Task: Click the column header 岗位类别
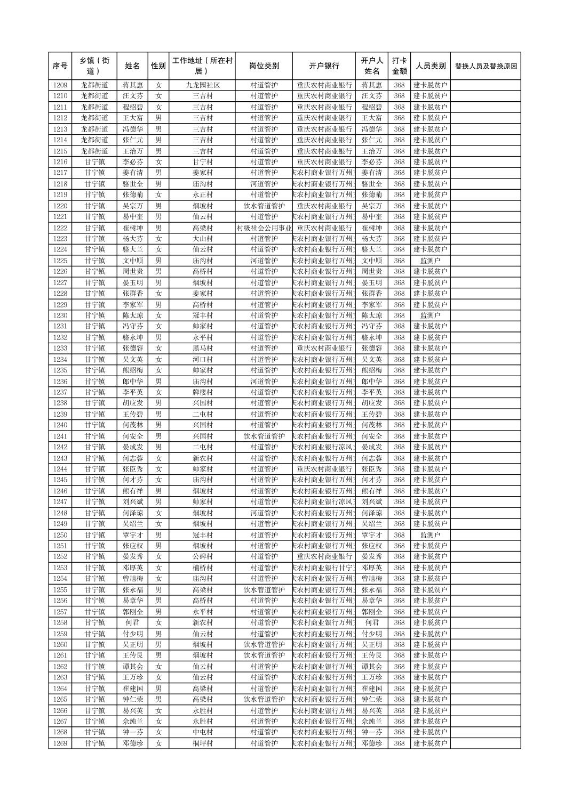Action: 264,66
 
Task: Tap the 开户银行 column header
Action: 324,66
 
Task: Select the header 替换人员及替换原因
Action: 486,66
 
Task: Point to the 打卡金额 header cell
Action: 399,66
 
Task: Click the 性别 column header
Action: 158,66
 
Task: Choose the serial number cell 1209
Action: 60,85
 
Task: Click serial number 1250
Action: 60,535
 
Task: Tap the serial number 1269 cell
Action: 60,743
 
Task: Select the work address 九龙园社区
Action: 203,85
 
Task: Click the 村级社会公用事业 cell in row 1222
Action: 264,228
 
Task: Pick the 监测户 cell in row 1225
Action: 430,261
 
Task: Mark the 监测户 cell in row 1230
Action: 430,315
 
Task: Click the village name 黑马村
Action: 203,349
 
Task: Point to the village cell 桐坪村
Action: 203,743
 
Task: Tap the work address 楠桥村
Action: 203,568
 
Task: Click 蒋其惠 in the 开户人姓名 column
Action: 372,85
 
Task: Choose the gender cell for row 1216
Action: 158,162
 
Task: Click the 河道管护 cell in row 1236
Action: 264,382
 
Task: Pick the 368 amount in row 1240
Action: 399,425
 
